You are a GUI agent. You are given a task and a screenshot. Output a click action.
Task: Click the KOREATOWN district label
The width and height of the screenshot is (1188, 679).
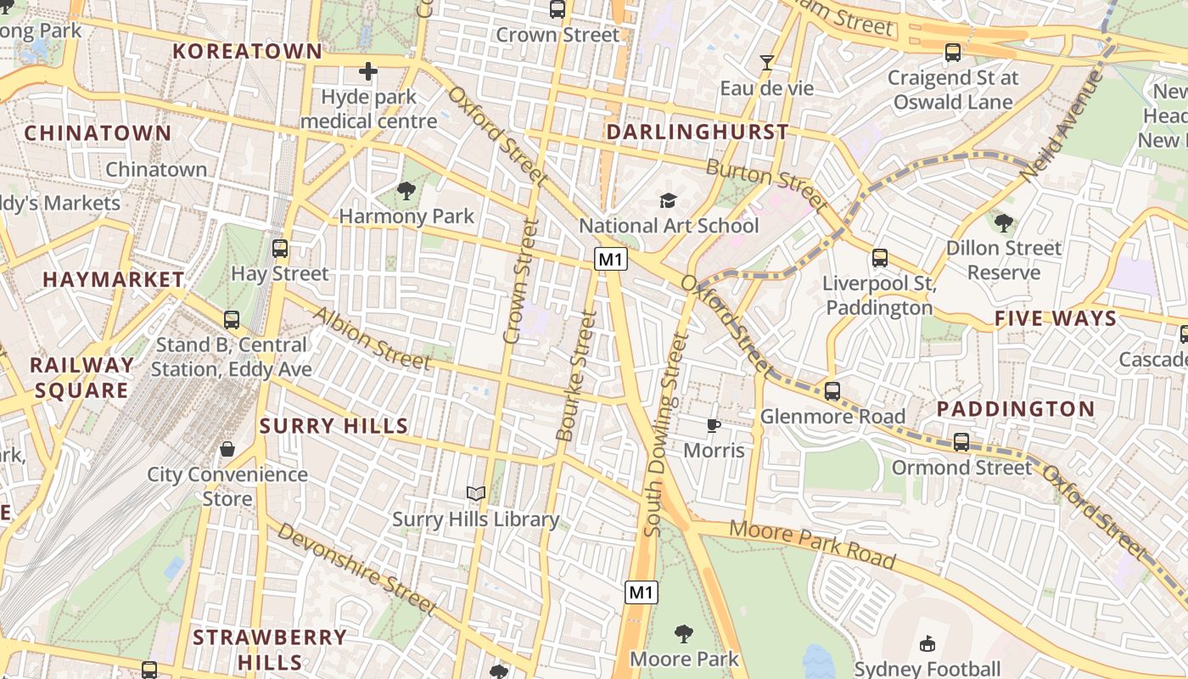pyautogui.click(x=248, y=51)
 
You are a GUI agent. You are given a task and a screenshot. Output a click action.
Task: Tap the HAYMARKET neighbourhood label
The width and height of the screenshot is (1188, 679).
pyautogui.click(x=114, y=279)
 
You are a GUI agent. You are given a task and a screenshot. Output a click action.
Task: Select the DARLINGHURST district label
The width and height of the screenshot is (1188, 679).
pyautogui.click(x=698, y=132)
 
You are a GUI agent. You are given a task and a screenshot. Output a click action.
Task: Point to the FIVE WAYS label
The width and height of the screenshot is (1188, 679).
pyautogui.click(x=1056, y=319)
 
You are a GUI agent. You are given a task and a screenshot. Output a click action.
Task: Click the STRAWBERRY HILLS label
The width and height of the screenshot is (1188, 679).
pyautogui.click(x=270, y=649)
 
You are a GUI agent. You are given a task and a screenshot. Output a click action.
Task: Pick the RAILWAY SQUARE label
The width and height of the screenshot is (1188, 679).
pyautogui.click(x=81, y=378)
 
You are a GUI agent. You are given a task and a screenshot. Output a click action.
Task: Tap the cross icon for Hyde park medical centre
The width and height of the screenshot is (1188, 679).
pyautogui.click(x=368, y=71)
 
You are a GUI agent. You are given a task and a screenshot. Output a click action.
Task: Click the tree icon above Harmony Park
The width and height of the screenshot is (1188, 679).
pyautogui.click(x=406, y=192)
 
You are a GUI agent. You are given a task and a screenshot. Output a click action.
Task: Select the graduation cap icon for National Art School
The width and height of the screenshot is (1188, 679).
pyautogui.click(x=669, y=201)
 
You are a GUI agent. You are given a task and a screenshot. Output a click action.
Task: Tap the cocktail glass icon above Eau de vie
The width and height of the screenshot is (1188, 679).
pyautogui.click(x=767, y=63)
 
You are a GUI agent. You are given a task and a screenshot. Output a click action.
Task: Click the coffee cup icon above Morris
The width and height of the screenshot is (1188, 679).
pyautogui.click(x=714, y=425)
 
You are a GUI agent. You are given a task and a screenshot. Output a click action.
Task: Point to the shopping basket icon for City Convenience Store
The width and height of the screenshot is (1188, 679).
pyautogui.click(x=227, y=449)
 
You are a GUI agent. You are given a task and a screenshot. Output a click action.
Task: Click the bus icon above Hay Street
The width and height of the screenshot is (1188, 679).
pyautogui.click(x=279, y=249)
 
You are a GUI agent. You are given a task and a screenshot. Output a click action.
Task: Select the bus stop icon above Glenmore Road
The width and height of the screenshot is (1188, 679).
pyautogui.click(x=832, y=391)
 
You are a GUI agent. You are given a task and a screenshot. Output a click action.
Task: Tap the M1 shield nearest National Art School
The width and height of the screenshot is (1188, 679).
pyautogui.click(x=610, y=259)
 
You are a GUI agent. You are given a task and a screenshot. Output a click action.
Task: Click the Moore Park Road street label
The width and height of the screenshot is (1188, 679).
pyautogui.click(x=812, y=545)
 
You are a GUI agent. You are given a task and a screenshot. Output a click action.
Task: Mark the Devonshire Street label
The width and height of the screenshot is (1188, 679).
pyautogui.click(x=357, y=568)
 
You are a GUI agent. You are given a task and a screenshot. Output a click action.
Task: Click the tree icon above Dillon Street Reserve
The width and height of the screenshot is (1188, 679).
pyautogui.click(x=1004, y=223)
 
